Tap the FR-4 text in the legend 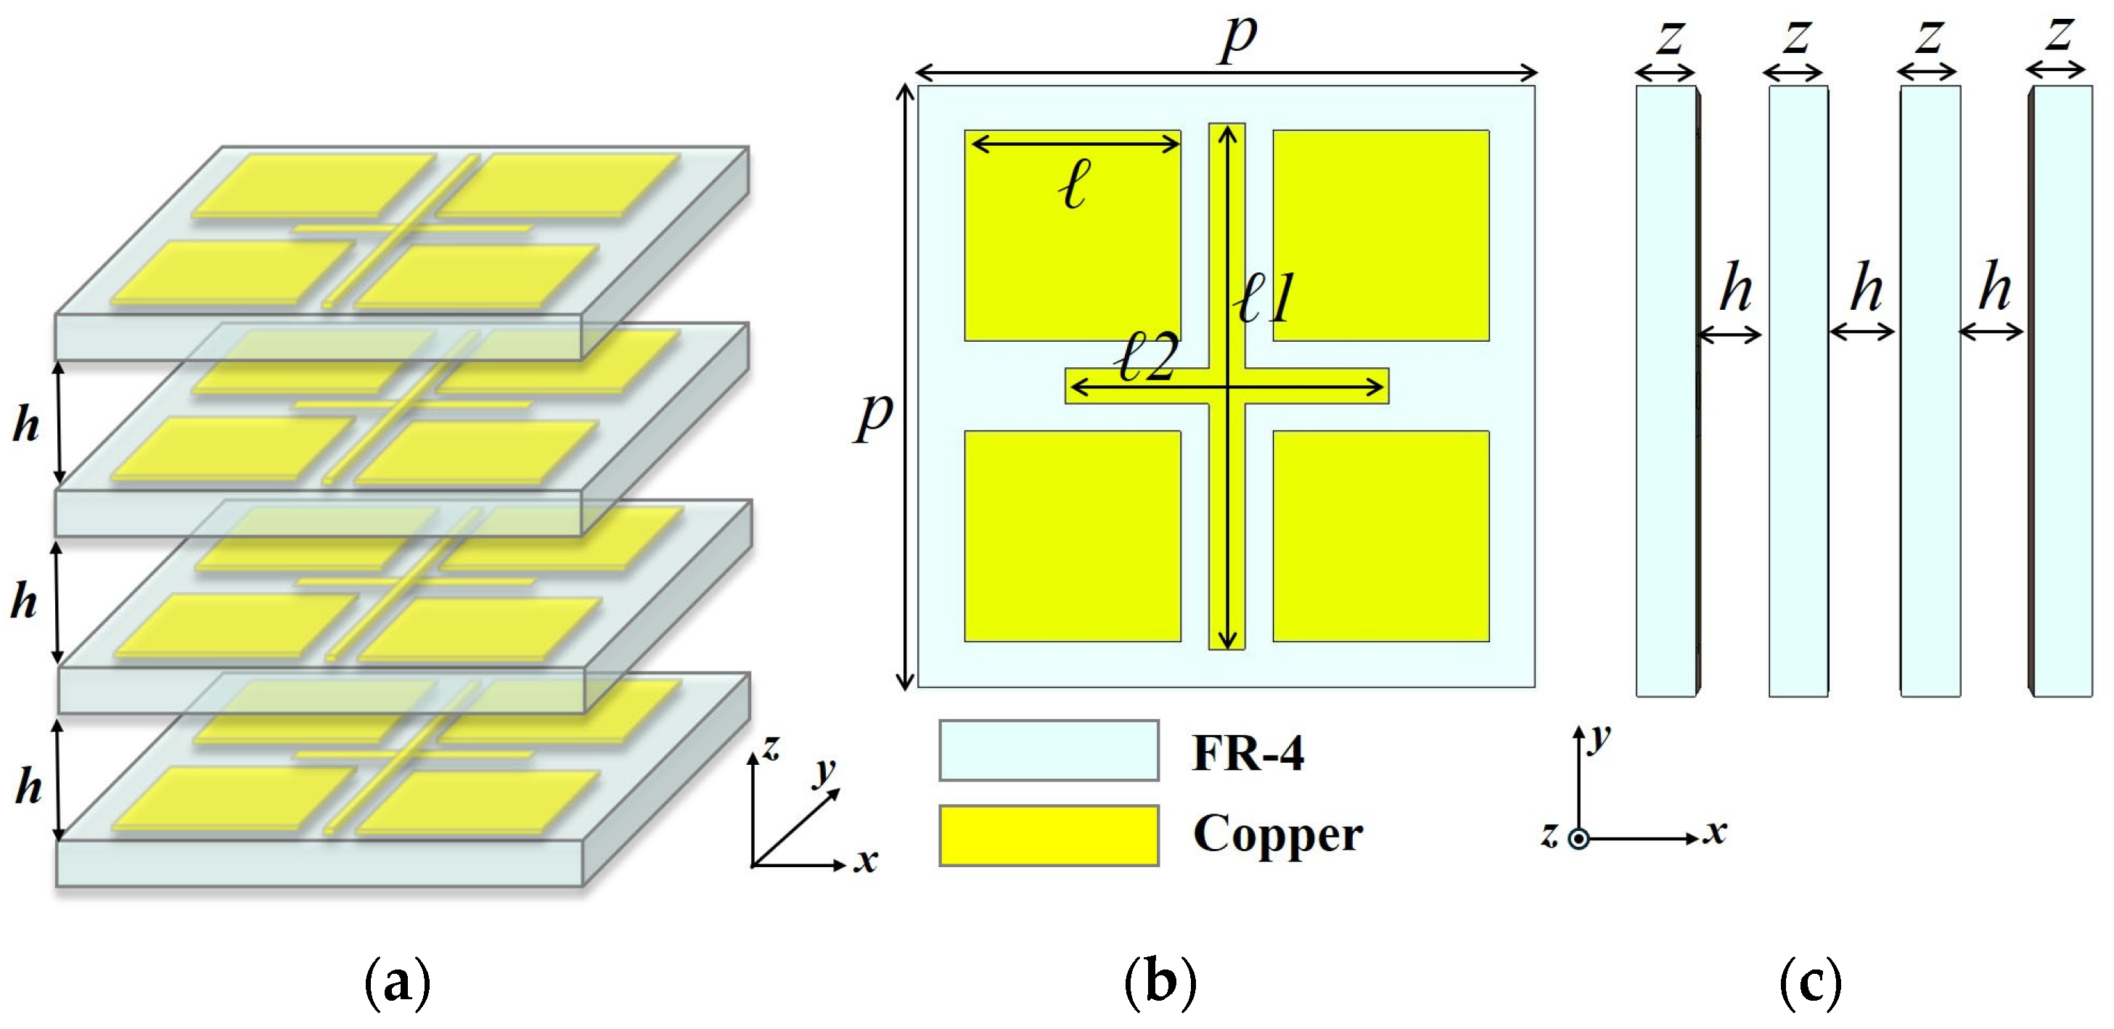click(1247, 753)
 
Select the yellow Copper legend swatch click(1049, 835)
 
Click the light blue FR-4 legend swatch click(1049, 750)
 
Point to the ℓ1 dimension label click(1266, 299)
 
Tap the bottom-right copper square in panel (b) click(1380, 536)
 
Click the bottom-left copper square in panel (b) click(1072, 536)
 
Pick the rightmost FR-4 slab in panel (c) click(2062, 390)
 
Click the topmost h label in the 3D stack click(26, 425)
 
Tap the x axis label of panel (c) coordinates click(1714, 832)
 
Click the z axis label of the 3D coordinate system click(770, 747)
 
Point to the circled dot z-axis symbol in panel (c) click(1578, 839)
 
